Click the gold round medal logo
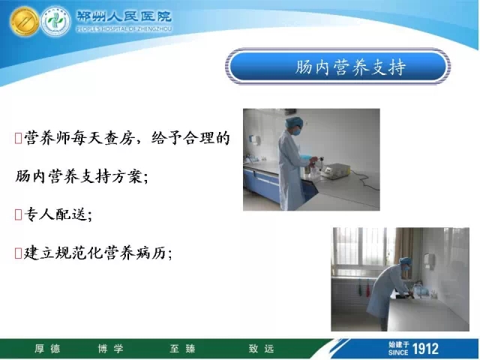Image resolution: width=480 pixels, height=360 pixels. [24, 22]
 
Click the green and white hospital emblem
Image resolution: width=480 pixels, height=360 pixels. [55, 22]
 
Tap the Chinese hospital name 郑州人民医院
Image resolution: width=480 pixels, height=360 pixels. [124, 16]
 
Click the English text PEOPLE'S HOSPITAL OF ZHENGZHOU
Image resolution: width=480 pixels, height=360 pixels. [124, 29]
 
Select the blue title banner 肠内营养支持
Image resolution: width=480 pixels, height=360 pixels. [337, 67]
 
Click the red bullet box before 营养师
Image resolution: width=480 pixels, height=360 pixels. [18, 138]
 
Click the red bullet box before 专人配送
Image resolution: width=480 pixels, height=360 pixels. [18, 214]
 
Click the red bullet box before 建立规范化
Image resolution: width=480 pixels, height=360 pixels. [18, 253]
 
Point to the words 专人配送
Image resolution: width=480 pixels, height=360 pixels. [55, 214]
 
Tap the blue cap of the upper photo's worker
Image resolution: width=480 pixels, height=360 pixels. [294, 121]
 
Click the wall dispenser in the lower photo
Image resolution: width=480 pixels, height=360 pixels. [429, 260]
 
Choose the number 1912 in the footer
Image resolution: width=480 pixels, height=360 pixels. [425, 349]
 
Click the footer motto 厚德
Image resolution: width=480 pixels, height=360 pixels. [47, 348]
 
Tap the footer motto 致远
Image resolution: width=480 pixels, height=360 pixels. [261, 348]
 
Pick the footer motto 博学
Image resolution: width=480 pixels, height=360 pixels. [110, 348]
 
